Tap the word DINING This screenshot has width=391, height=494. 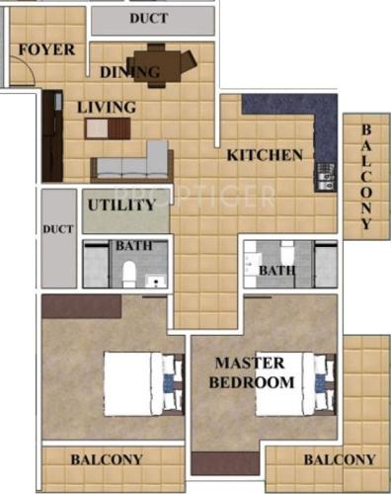pyautogui.click(x=129, y=72)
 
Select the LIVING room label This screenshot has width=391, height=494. pyautogui.click(x=107, y=107)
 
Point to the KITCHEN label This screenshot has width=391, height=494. pyautogui.click(x=264, y=155)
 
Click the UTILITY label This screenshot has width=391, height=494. pyautogui.click(x=121, y=206)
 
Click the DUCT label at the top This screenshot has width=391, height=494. pyautogui.click(x=154, y=19)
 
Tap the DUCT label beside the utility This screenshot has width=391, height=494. pyautogui.click(x=59, y=229)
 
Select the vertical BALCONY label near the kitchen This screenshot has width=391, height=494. pyautogui.click(x=366, y=179)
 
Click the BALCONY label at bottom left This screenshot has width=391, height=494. pyautogui.click(x=107, y=459)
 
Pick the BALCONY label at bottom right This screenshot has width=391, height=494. pyautogui.click(x=340, y=460)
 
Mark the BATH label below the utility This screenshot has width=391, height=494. pyautogui.click(x=131, y=247)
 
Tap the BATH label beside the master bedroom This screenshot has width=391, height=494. pyautogui.click(x=277, y=269)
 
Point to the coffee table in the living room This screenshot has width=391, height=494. pyautogui.click(x=109, y=127)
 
